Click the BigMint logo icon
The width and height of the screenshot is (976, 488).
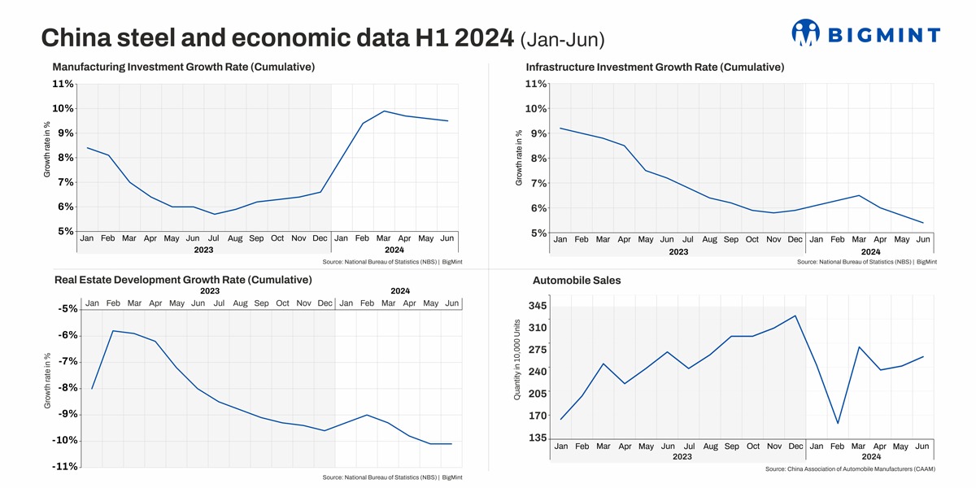click(x=805, y=33)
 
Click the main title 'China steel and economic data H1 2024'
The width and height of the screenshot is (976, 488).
click(x=277, y=37)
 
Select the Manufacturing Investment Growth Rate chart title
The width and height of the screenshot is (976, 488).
click(x=183, y=67)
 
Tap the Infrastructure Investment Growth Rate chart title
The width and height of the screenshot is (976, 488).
click(x=655, y=67)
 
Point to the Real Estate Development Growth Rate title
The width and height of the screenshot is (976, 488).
click(x=183, y=280)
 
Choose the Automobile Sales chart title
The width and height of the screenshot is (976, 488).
click(x=577, y=281)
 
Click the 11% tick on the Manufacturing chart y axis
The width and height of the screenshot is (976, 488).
click(x=63, y=84)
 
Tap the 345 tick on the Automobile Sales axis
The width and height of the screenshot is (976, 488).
click(x=538, y=306)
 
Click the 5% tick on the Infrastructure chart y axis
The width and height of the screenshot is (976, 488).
click(x=538, y=233)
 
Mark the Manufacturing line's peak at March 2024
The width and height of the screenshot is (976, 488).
click(x=384, y=111)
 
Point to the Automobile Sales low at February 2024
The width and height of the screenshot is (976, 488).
click(x=838, y=423)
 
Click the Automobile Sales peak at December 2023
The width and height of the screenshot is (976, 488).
click(x=795, y=316)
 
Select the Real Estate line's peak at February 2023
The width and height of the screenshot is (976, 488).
click(x=113, y=331)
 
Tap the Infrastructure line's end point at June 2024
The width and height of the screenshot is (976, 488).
click(x=923, y=223)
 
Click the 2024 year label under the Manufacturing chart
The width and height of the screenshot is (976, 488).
click(x=394, y=251)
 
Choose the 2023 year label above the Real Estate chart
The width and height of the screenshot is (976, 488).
click(x=210, y=290)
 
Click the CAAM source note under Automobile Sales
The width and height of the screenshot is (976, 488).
click(x=851, y=469)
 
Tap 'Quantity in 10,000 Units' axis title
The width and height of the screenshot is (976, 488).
click(x=517, y=359)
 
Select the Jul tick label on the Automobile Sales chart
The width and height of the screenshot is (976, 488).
click(x=689, y=447)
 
